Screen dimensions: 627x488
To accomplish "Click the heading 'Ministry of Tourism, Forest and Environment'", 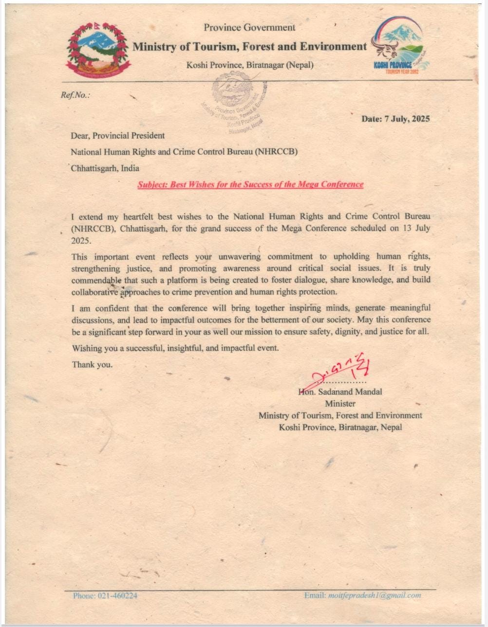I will coord(249,47).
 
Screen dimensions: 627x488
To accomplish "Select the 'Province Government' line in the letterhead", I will coord(249,28).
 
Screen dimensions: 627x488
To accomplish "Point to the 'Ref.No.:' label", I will coord(75,95).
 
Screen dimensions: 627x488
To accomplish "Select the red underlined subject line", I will coord(250,184).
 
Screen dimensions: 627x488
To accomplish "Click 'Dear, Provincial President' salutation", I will coord(117,136).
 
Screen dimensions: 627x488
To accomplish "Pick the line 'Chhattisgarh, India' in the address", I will coord(105,168).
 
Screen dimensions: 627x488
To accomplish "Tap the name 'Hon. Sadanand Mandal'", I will coord(340,392).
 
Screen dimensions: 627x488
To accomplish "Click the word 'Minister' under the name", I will coord(340,403).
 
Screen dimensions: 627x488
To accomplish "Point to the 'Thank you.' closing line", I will coord(92,364).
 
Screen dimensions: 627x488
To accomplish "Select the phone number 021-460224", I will coord(118,595).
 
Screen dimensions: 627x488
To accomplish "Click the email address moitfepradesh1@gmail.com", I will coord(374,595).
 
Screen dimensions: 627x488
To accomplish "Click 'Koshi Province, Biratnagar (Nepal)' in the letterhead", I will coord(250,65).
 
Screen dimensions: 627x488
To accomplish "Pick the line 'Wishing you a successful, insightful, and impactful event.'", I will coord(175,348).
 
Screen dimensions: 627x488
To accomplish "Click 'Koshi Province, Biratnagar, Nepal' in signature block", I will coord(340,427).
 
